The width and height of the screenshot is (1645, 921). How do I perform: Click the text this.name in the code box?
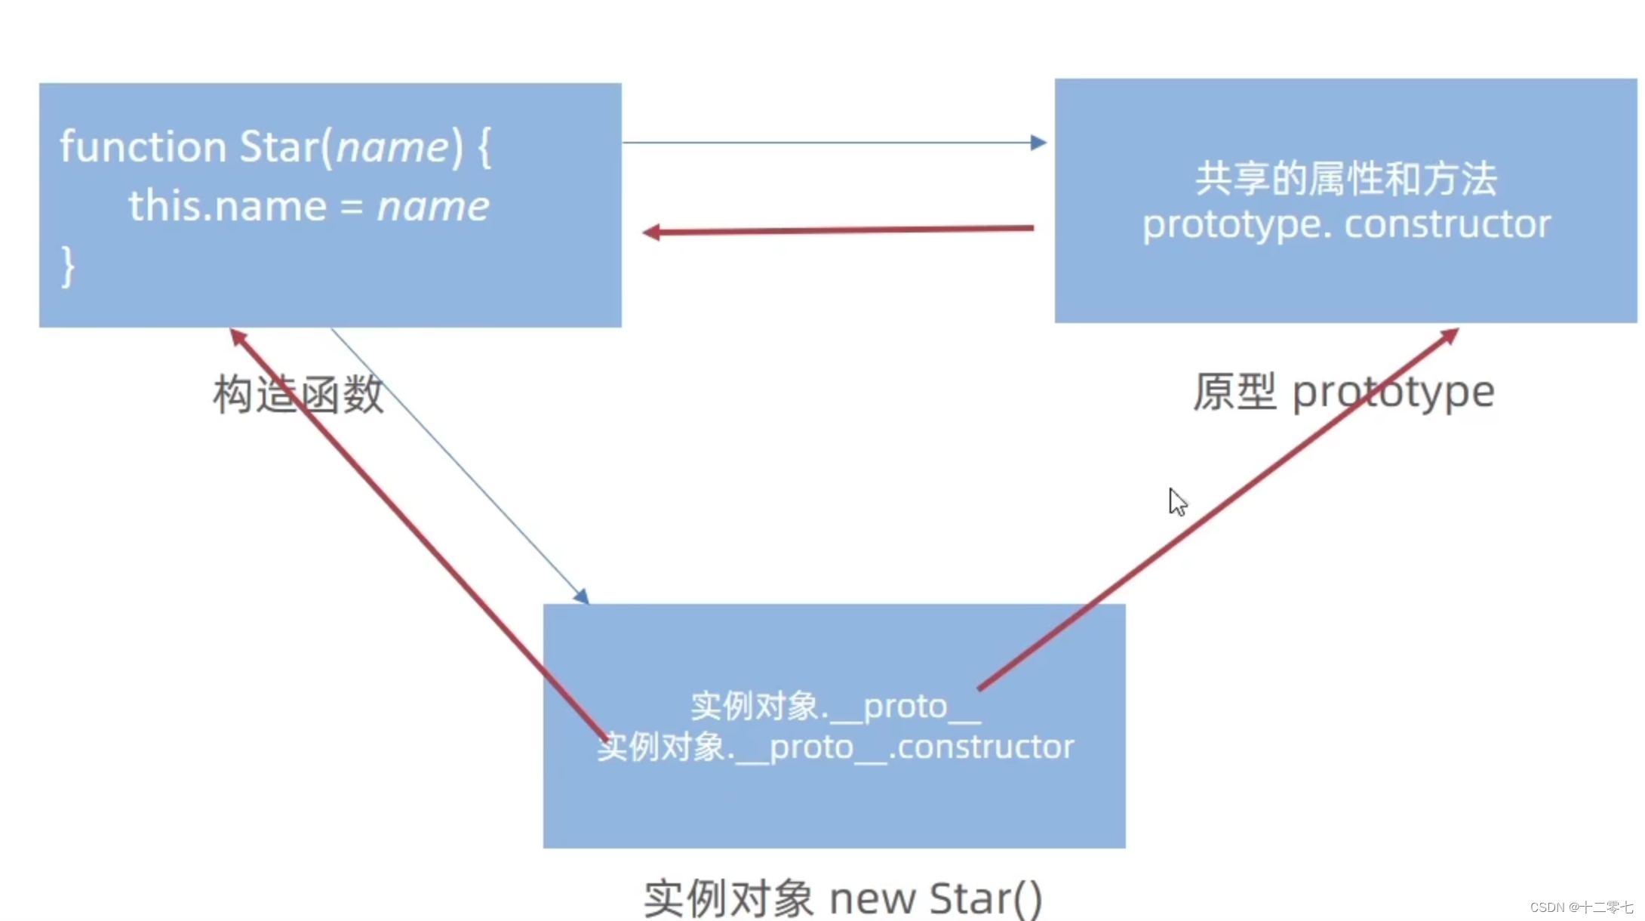tap(227, 206)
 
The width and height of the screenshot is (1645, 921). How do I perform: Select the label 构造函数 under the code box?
tap(299, 394)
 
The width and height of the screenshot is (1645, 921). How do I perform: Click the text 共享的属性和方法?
tap(1345, 180)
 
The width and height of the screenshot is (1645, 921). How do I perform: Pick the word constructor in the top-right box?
tap(1447, 224)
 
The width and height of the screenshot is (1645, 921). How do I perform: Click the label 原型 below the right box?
tap(1234, 393)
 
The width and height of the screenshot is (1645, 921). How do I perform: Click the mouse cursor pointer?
tap(1176, 501)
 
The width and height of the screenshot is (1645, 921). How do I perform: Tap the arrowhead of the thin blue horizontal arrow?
tap(1039, 142)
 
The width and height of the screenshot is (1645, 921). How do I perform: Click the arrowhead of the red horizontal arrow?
tap(650, 233)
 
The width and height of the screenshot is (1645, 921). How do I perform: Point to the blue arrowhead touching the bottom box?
tap(581, 596)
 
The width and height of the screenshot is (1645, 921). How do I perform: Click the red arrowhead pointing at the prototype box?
tap(1450, 334)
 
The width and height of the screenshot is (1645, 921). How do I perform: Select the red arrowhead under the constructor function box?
tap(238, 337)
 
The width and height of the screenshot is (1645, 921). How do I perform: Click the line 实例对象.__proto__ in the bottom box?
tap(835, 707)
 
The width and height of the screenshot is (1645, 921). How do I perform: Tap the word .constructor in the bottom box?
tap(982, 747)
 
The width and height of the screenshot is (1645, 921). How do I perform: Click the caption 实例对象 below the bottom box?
tap(728, 898)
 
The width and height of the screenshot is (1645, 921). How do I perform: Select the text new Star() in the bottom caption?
tap(936, 898)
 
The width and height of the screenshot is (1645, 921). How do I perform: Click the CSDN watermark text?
tap(1581, 907)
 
